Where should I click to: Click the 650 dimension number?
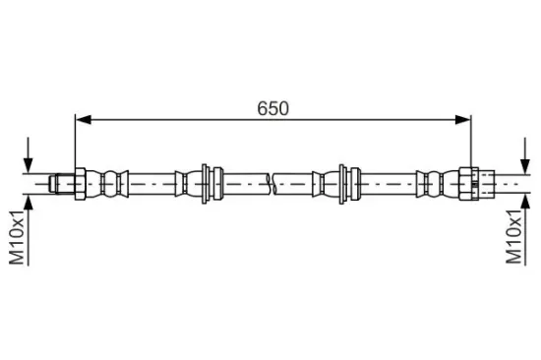coord(272,108)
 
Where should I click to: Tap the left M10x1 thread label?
coord(17,237)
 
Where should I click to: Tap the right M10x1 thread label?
coord(513,237)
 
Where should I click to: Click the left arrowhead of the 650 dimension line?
coord(84,120)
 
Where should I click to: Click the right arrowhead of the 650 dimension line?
coord(462,120)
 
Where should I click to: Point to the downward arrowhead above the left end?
coord(29,165)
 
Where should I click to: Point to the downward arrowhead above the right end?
coord(525,166)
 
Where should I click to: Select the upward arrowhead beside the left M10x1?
coord(29,203)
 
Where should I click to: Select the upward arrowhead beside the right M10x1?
coord(525,202)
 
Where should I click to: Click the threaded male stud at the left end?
coord(62,184)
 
